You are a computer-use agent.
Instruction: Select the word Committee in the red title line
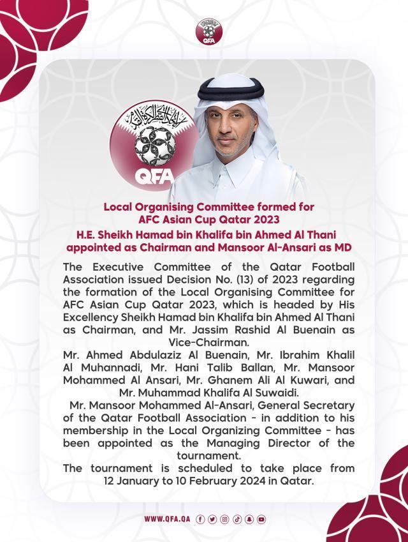click(233, 207)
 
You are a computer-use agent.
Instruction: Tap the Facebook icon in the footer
click(201, 519)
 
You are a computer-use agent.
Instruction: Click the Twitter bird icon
click(212, 519)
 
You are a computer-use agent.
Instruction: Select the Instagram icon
click(224, 519)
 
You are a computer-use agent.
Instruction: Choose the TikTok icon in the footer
click(237, 519)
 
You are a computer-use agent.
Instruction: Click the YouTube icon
click(261, 519)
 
